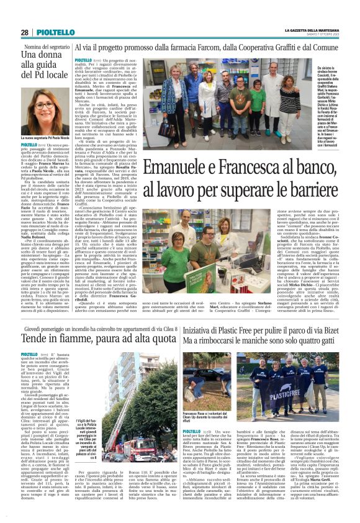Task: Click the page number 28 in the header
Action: pos(24,32)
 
